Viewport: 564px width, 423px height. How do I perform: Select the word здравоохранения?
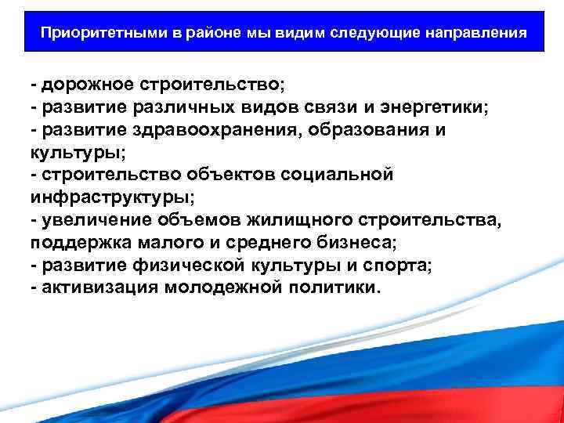click(x=232, y=130)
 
